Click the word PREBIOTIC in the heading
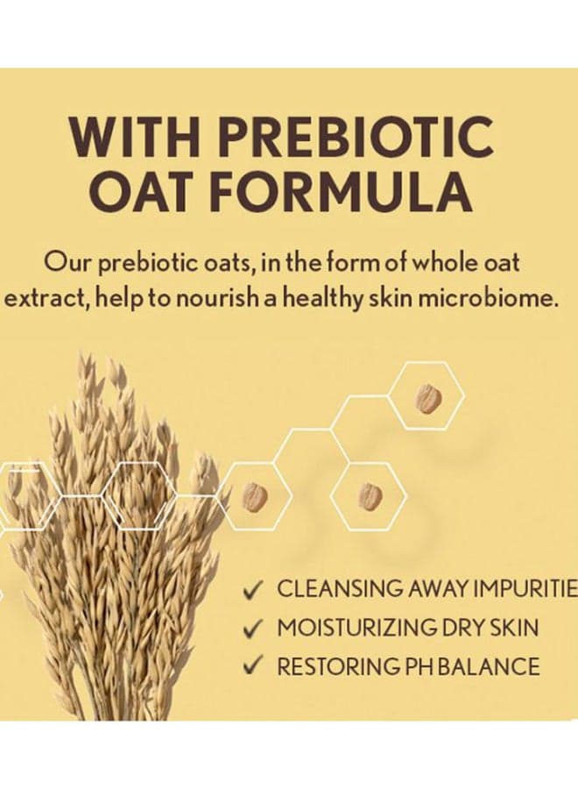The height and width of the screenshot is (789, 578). coord(356,136)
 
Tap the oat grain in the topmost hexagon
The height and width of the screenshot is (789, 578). coord(428,398)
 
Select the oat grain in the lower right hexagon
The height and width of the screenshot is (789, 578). coord(370,496)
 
